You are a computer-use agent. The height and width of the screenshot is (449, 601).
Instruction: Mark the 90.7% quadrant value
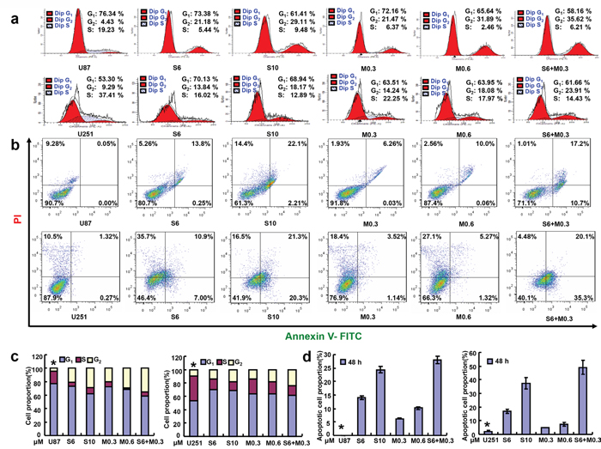point(56,203)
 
